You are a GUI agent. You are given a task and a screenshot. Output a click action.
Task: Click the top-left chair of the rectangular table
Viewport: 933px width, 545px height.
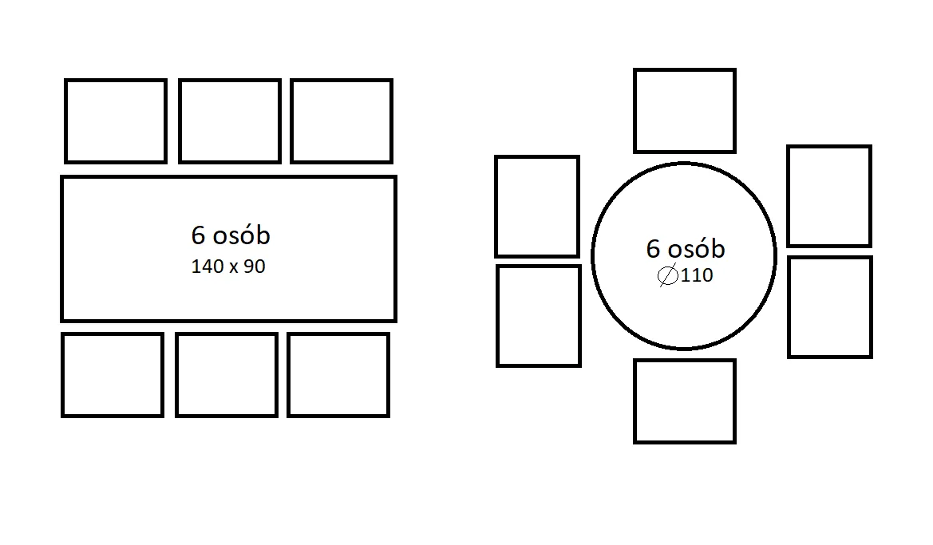[116, 120]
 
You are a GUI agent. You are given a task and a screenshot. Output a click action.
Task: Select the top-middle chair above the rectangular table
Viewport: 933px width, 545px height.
[230, 120]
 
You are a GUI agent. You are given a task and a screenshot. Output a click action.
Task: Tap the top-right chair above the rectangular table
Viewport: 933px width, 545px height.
[342, 120]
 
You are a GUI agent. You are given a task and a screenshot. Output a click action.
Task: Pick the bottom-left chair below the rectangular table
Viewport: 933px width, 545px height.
[113, 375]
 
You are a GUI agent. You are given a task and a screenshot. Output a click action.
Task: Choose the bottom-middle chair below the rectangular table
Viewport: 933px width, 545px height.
[227, 375]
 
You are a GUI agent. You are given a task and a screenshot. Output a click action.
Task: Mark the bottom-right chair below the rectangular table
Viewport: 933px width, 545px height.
[338, 375]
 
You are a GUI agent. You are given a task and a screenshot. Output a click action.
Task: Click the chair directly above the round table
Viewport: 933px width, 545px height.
[685, 111]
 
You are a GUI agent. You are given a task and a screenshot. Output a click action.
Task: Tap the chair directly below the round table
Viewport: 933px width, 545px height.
[685, 401]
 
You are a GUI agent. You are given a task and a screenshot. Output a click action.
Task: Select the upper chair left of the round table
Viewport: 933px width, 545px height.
[537, 207]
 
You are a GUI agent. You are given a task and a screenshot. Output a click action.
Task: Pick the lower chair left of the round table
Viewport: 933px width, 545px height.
[539, 316]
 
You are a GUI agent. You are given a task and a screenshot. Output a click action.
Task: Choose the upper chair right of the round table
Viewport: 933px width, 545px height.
[829, 196]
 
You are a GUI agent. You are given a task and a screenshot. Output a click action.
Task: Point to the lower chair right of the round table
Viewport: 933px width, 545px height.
[830, 307]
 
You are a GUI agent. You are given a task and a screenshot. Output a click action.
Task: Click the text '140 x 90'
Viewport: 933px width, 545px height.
[228, 267]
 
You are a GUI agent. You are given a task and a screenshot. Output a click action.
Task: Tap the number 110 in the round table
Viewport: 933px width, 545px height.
[697, 277]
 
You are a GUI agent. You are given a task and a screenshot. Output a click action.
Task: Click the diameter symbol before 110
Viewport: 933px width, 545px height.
[667, 276]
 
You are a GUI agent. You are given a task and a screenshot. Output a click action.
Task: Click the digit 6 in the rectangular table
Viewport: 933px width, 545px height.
[198, 235]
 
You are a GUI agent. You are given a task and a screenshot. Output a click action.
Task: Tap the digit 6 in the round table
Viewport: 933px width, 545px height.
[654, 249]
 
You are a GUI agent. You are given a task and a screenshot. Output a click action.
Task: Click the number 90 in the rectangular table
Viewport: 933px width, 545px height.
[255, 267]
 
